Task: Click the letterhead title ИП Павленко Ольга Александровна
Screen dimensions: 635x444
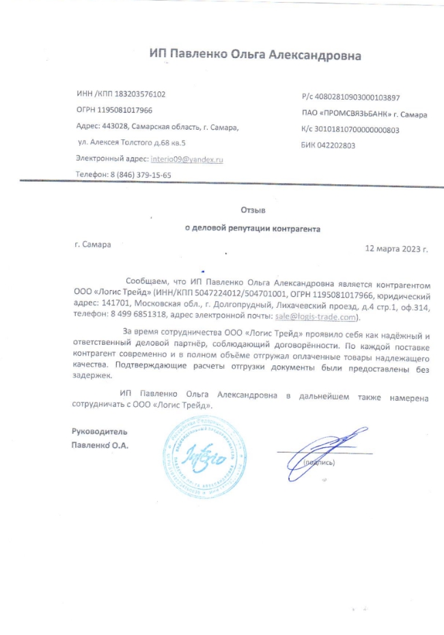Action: click(x=255, y=55)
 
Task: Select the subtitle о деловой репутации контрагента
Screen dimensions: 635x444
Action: click(x=252, y=229)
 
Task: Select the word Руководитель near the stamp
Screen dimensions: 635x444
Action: click(x=99, y=432)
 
